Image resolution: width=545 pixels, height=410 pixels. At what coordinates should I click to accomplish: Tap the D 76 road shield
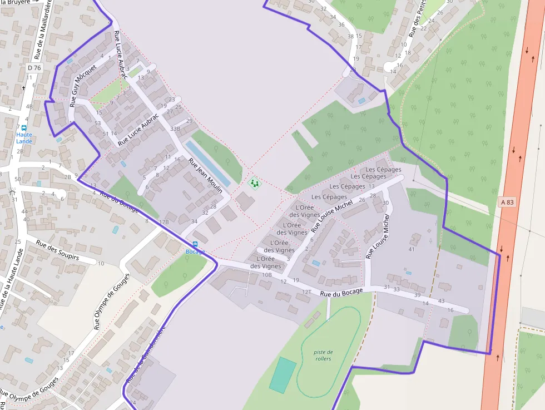point(34,68)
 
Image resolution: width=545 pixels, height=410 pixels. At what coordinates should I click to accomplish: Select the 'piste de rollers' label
point(323,355)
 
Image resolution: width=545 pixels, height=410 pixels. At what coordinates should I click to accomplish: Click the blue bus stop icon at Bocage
point(195,244)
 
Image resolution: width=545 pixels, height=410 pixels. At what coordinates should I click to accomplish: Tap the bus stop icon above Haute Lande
point(24,127)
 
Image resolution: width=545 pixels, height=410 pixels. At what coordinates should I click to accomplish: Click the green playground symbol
point(254,182)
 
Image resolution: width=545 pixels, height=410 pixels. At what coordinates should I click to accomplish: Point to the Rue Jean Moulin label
point(205,176)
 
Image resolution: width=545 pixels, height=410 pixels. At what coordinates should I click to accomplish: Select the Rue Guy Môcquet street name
point(83,85)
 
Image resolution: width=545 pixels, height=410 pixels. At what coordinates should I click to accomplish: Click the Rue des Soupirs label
point(58,250)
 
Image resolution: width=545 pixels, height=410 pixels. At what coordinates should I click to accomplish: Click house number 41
point(412,249)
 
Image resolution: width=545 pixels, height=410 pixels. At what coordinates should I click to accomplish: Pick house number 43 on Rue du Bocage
point(441,301)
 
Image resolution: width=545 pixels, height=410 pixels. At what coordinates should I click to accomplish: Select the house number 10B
point(267,275)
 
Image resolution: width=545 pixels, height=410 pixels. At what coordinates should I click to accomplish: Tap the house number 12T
point(306,292)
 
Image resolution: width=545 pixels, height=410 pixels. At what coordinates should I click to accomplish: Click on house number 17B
point(163,222)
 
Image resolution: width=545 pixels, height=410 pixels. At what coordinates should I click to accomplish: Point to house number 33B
point(175,129)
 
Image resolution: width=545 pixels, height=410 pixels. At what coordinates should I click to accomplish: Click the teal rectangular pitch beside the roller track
point(283,375)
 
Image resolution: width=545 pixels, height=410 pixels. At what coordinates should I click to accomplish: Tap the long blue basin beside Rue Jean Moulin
point(207,163)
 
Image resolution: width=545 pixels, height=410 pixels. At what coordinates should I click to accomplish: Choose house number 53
point(98,123)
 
